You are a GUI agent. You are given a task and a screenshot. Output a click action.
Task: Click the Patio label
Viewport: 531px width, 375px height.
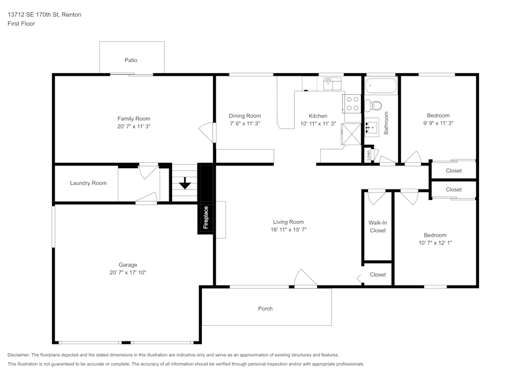pyautogui.click(x=131, y=60)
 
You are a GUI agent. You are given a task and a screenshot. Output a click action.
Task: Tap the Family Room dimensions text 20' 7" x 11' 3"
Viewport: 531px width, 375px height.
pyautogui.click(x=134, y=127)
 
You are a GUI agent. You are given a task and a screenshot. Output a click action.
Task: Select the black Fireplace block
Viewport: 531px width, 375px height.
pyautogui.click(x=205, y=199)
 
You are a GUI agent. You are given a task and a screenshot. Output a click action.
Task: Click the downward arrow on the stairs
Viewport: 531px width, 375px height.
pyautogui.click(x=185, y=183)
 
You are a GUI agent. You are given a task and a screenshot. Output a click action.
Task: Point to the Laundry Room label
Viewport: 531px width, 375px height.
pyautogui.click(x=88, y=183)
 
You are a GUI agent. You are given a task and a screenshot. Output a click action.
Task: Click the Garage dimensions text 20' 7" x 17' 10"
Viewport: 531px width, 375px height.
pyautogui.click(x=127, y=273)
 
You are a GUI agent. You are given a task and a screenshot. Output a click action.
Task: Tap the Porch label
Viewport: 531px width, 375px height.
pyautogui.click(x=265, y=309)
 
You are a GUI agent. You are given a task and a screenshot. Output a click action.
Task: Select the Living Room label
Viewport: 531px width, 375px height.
pyautogui.click(x=288, y=222)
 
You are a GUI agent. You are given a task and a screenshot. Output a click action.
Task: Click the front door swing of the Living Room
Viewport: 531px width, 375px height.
pyautogui.click(x=304, y=278)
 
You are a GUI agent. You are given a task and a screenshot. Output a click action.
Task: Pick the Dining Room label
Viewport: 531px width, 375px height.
pyautogui.click(x=245, y=116)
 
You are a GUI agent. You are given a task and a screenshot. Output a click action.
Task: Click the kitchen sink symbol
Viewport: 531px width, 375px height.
pyautogui.click(x=332, y=83)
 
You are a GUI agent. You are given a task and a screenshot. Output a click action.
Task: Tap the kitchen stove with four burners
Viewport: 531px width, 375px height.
pyautogui.click(x=353, y=104)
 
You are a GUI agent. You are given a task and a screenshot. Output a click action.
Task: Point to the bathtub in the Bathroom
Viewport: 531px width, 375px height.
pyautogui.click(x=381, y=85)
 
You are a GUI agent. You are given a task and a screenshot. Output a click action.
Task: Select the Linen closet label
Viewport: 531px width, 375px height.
pyautogui.click(x=368, y=155)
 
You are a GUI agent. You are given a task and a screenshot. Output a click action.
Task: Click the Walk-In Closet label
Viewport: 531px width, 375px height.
pyautogui.click(x=378, y=226)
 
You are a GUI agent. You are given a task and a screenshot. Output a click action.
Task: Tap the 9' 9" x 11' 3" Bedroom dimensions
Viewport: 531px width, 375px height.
pyautogui.click(x=438, y=123)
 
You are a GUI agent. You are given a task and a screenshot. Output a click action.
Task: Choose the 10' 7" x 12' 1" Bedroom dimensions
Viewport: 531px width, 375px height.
pyautogui.click(x=435, y=243)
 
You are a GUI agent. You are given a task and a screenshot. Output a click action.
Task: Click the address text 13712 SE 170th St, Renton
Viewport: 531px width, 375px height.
pyautogui.click(x=44, y=15)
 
